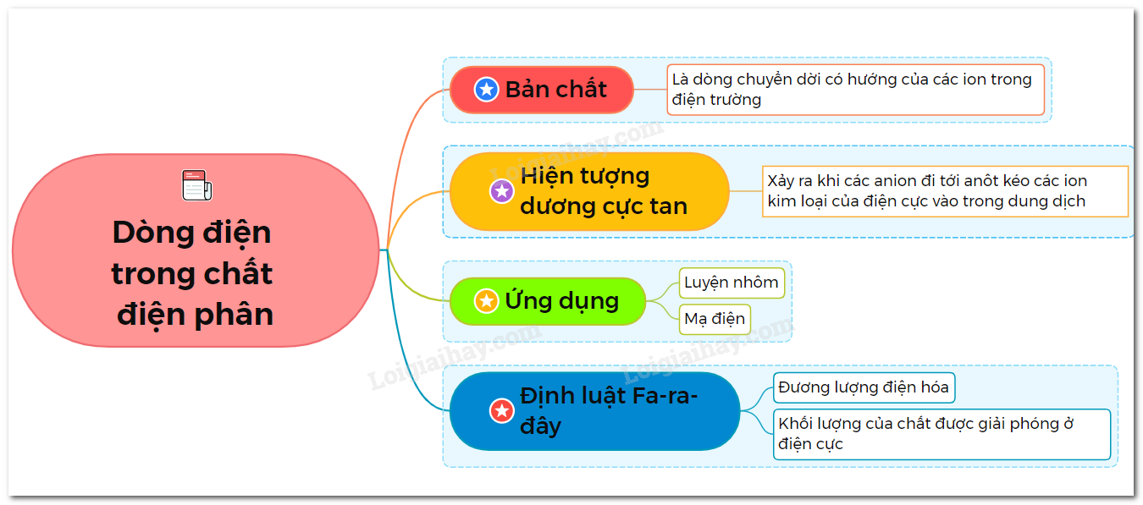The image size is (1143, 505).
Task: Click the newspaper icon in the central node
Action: (x=196, y=185)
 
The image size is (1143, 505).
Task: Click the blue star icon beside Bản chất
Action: (x=486, y=90)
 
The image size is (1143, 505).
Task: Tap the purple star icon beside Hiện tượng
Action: (x=502, y=191)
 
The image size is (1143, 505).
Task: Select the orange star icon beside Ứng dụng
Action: (x=486, y=301)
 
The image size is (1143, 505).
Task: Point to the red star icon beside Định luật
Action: (x=502, y=411)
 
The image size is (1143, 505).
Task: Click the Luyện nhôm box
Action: (x=732, y=283)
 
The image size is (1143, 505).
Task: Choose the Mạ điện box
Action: (x=715, y=319)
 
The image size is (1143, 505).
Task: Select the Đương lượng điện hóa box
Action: (x=864, y=387)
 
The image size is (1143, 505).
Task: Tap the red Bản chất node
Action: (x=542, y=90)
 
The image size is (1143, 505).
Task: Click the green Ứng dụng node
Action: (x=548, y=301)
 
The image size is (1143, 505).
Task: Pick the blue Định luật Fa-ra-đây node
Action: (x=595, y=411)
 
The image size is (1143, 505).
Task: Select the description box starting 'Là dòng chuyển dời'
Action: (x=855, y=90)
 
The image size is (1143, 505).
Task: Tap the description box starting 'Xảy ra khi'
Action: (x=945, y=191)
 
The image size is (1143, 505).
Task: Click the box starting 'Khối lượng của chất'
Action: (x=941, y=434)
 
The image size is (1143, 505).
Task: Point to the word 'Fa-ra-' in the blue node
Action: (x=665, y=396)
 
